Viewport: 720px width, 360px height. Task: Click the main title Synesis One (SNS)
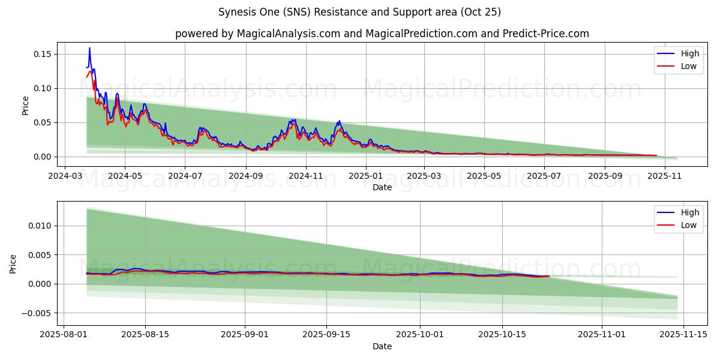(359, 12)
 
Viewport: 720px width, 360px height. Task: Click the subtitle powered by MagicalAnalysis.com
(382, 34)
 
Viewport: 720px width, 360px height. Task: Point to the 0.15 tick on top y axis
(42, 54)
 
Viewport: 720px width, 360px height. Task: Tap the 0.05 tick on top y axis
(42, 122)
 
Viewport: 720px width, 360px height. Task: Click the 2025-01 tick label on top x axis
(365, 176)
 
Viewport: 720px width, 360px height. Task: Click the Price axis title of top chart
(25, 105)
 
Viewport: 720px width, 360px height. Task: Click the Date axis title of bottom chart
(382, 346)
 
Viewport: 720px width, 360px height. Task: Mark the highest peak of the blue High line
(89, 48)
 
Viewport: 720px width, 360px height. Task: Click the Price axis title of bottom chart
(13, 264)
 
